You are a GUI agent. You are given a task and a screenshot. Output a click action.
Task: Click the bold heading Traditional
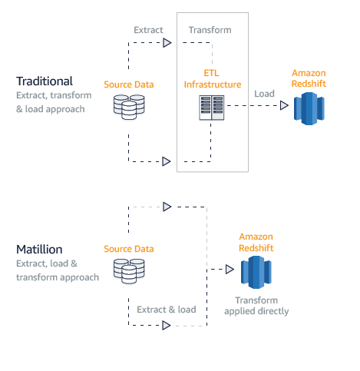click(45, 81)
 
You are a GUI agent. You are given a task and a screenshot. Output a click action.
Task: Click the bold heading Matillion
click(39, 250)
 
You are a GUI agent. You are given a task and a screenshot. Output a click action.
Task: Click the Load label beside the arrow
click(266, 93)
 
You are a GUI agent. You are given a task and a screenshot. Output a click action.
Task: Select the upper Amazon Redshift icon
click(309, 108)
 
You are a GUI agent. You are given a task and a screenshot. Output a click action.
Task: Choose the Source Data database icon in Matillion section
click(128, 269)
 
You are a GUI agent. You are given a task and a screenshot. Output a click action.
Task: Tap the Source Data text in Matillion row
click(128, 249)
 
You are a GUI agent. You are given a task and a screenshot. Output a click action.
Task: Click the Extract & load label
click(167, 310)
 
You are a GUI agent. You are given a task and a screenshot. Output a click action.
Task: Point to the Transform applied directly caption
click(256, 306)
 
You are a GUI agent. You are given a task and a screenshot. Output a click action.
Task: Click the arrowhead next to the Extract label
click(167, 43)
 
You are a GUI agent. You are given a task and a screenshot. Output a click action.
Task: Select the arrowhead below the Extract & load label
click(167, 326)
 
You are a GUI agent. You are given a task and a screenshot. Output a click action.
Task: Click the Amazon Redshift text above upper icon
click(309, 77)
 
